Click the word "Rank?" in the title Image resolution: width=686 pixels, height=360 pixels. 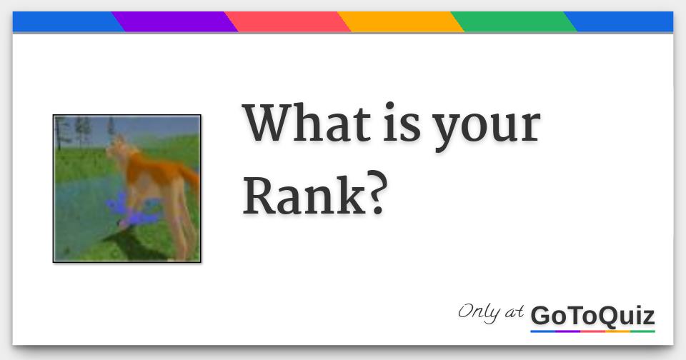[315, 191]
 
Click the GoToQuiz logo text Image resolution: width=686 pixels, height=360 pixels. [592, 315]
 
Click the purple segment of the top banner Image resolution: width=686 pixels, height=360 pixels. [175, 21]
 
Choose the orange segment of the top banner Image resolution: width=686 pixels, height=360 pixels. [401, 21]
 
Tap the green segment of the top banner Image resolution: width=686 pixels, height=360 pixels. [514, 21]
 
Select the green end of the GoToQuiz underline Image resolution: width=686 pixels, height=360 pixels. [643, 331]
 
